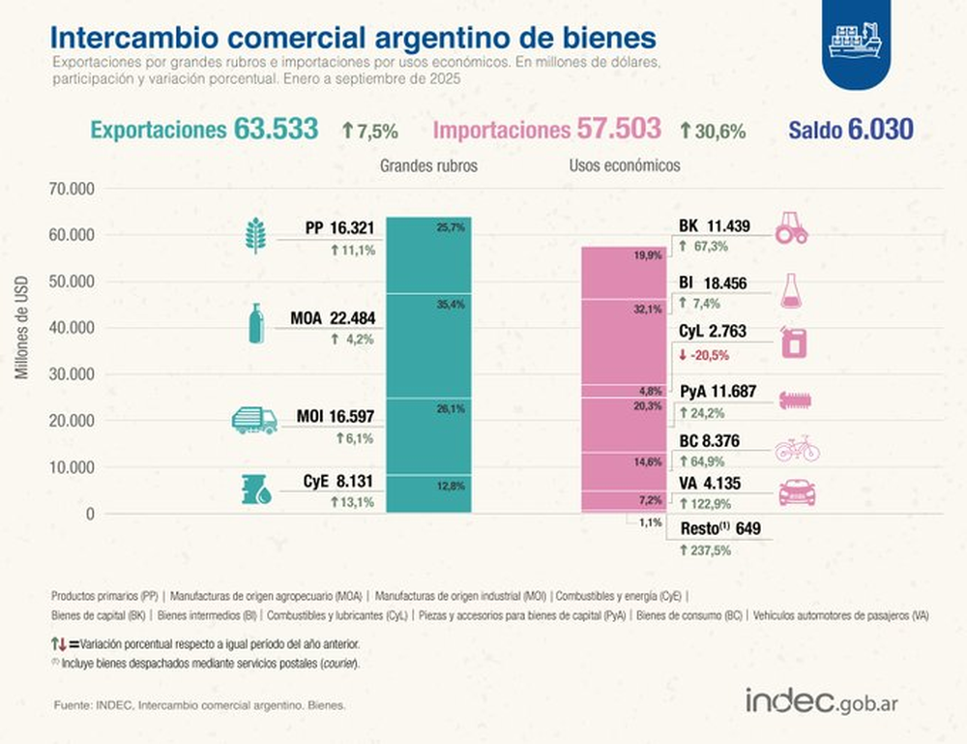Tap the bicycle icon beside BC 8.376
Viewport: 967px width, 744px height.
tap(797, 449)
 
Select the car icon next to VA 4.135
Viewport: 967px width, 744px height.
tap(797, 492)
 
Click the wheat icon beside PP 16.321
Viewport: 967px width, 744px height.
tap(255, 235)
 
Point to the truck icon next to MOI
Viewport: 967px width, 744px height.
tap(254, 420)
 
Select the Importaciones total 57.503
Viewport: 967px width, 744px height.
tap(619, 129)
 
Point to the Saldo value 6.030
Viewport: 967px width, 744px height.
tap(880, 129)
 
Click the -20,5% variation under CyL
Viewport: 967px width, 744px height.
tap(706, 355)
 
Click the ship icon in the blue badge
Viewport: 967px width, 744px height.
tap(856, 41)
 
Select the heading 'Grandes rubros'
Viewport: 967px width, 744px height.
tap(428, 166)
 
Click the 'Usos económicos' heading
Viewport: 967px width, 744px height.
tap(624, 166)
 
